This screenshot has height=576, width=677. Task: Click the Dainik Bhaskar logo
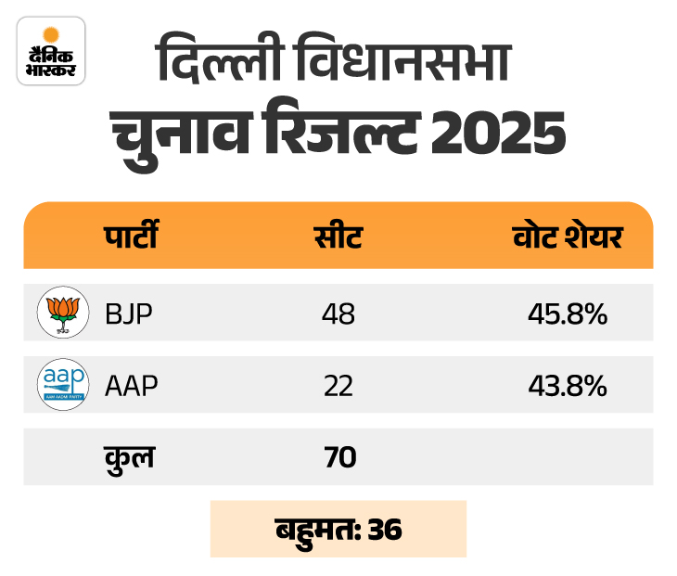pyautogui.click(x=51, y=51)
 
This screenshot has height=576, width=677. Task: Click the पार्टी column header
pyautogui.click(x=130, y=237)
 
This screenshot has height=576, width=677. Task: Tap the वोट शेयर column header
pyautogui.click(x=567, y=237)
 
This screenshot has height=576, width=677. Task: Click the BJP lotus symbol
pyautogui.click(x=63, y=313)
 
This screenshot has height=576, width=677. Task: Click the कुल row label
pyautogui.click(x=130, y=456)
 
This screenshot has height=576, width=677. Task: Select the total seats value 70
pyautogui.click(x=338, y=457)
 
